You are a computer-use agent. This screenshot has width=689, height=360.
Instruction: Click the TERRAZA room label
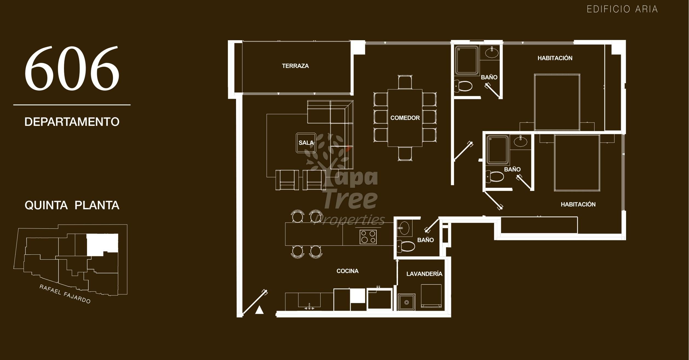[x=295, y=66]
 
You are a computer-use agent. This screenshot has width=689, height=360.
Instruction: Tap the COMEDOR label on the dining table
[x=405, y=118]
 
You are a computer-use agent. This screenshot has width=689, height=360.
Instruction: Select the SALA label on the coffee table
[x=306, y=143]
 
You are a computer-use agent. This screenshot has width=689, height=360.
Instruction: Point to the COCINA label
[x=347, y=271]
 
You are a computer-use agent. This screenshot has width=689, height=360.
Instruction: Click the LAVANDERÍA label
[x=424, y=274]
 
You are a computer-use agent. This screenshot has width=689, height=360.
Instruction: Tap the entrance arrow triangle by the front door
[x=259, y=310]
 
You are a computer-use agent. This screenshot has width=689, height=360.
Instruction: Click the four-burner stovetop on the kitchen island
[x=368, y=237]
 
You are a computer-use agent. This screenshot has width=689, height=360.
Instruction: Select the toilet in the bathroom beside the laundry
[x=406, y=246]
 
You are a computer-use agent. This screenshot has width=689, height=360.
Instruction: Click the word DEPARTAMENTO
[x=72, y=122]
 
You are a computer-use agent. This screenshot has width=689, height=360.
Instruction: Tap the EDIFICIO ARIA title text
[x=622, y=9]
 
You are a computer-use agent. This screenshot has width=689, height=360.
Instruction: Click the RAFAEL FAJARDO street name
[x=65, y=294]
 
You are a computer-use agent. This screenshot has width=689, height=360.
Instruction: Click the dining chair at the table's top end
[x=405, y=82]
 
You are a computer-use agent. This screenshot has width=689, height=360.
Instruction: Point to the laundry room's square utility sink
[x=406, y=302]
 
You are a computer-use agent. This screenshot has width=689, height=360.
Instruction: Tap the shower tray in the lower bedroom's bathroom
[x=498, y=149]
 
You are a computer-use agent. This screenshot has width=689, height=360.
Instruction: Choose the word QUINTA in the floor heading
[x=46, y=205]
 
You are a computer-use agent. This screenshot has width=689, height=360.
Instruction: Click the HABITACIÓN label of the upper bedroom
[x=555, y=58]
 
